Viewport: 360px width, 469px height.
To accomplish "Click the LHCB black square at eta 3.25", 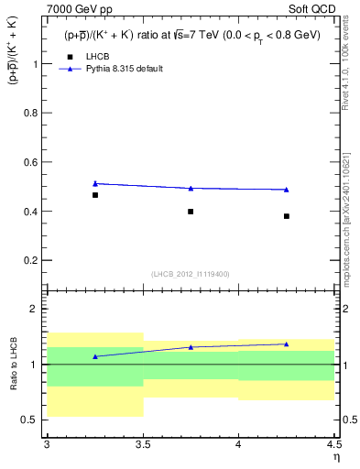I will coord(94,195).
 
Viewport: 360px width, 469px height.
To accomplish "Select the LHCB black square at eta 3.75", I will coord(191,212).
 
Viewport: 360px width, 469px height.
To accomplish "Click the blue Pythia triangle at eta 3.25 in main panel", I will coord(94,183).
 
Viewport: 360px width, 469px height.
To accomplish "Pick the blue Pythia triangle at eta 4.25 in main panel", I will coord(287,190).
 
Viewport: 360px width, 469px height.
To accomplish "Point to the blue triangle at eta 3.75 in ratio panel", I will coord(191,347).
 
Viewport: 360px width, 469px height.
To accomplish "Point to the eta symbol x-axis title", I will coord(335,457).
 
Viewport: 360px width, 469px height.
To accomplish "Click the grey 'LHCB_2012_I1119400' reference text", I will coord(191,274).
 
